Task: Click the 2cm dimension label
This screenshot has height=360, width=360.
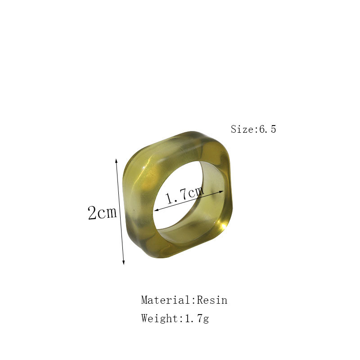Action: coord(103,212)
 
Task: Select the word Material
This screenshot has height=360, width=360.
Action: coord(166,300)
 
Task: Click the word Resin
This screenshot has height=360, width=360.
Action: coord(212,300)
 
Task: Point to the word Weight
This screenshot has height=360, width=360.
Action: coord(160,318)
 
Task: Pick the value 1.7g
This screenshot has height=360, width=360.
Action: coord(197,319)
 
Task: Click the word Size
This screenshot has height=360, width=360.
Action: coord(242,129)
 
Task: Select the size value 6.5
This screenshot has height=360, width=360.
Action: coord(267,129)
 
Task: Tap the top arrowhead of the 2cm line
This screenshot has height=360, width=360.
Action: coord(116,160)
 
